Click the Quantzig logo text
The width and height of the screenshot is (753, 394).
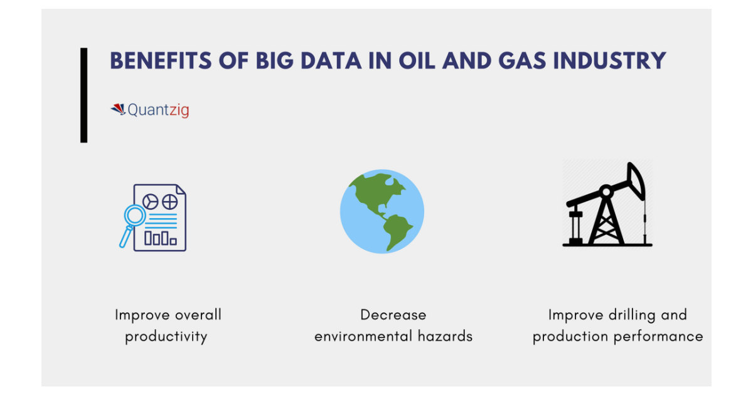point(158,111)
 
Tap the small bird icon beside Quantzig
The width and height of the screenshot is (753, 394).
point(118,109)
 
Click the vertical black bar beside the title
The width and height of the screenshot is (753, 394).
point(83,95)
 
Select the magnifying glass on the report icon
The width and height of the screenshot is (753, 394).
point(134,217)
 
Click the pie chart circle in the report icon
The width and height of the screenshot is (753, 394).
point(151,201)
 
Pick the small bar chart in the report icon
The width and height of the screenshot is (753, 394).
point(161,238)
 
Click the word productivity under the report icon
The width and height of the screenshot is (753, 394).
point(166,337)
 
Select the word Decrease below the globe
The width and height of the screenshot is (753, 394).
point(393,315)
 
